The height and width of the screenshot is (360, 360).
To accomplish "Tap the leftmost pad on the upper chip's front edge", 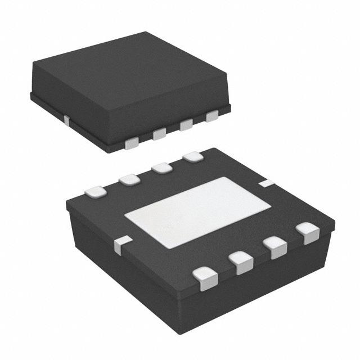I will (x=131, y=143).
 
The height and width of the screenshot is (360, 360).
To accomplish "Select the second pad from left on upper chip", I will (x=159, y=134).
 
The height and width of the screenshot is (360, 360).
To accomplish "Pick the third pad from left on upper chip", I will (x=186, y=125).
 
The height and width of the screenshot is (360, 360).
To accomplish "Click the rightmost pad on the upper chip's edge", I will (x=212, y=116).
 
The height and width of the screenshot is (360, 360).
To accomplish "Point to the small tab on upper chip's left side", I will (x=66, y=119).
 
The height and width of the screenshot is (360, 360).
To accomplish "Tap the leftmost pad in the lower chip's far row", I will (x=96, y=192).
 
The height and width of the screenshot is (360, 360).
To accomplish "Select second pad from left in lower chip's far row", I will (x=129, y=180).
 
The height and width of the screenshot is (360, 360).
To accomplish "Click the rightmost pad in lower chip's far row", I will (x=193, y=156).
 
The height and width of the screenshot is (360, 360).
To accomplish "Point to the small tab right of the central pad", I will (x=266, y=183).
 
